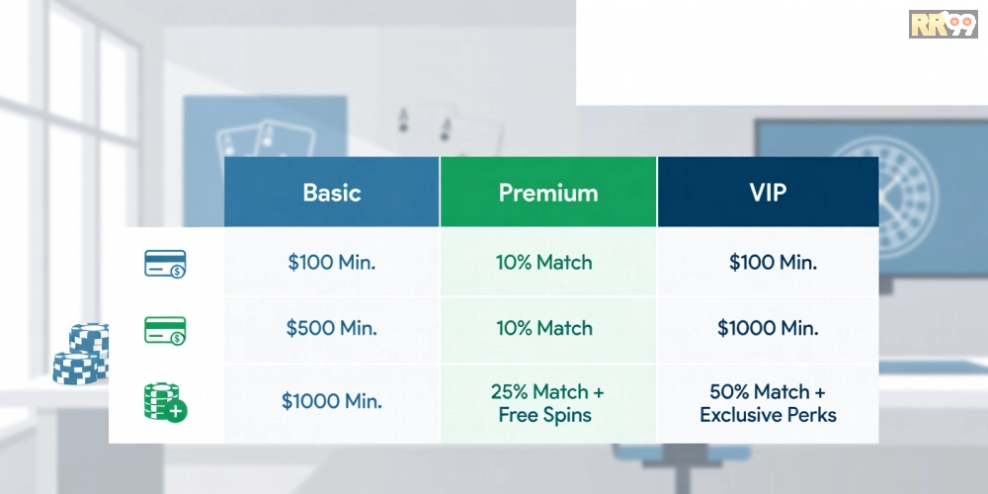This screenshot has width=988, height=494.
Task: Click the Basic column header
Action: click(x=331, y=192)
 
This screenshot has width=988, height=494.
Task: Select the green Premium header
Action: click(x=548, y=192)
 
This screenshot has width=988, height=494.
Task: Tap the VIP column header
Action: click(x=768, y=192)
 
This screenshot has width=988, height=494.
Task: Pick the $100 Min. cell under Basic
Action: click(x=331, y=262)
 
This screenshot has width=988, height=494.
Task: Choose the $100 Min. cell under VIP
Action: click(x=774, y=262)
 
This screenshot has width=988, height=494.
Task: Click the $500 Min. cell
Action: click(x=331, y=328)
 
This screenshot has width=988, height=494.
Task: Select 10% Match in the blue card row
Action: click(x=544, y=262)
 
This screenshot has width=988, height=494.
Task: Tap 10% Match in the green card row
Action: click(x=544, y=328)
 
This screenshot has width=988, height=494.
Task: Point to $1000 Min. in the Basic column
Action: click(x=331, y=401)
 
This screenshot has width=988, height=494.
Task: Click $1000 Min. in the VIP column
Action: click(x=768, y=328)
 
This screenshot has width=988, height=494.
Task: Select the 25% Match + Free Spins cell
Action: click(x=547, y=403)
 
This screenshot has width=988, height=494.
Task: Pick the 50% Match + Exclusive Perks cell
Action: click(x=768, y=403)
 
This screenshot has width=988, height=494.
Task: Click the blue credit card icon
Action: click(x=165, y=264)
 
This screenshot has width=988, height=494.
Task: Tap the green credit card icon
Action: click(x=165, y=330)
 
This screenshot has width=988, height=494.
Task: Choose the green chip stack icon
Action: click(x=165, y=402)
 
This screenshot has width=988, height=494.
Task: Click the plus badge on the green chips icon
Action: click(x=177, y=412)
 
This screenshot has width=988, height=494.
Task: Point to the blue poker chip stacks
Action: click(x=81, y=354)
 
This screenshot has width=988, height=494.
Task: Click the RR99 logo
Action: click(x=944, y=24)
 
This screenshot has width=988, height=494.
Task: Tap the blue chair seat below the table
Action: click(x=682, y=453)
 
